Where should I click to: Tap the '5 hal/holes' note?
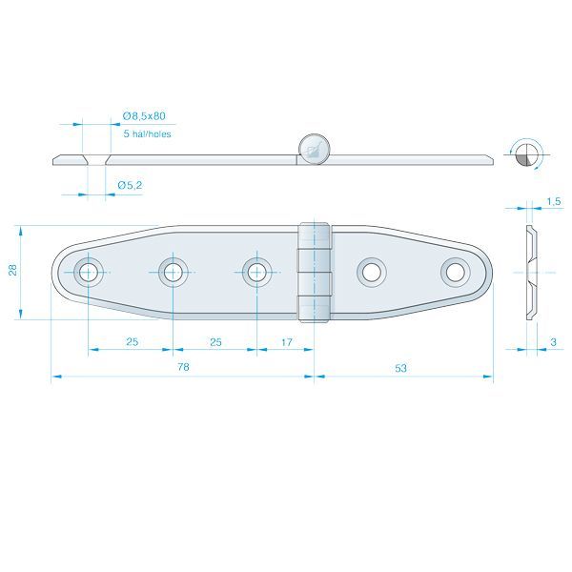coord(147,134)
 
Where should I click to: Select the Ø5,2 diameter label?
coord(130,184)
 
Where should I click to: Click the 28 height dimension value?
coord(12,272)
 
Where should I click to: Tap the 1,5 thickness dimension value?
coord(554,201)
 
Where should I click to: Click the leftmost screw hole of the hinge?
coord(89,272)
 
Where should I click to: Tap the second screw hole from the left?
coord(173,273)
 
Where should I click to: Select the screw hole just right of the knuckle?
coord(372,273)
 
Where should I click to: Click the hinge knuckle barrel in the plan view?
coord(316,273)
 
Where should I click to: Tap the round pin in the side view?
coord(314,148)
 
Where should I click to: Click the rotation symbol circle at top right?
coord(524,153)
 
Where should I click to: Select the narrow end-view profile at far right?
coord(530,273)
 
